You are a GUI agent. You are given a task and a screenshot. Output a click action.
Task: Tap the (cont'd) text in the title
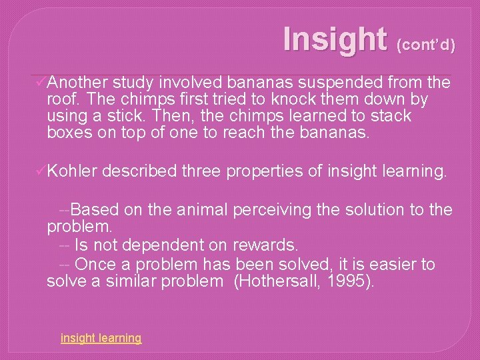click(x=426, y=45)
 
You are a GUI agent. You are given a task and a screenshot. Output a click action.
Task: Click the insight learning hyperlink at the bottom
click(x=101, y=338)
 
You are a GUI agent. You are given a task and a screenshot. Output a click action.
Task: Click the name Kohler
click(x=73, y=171)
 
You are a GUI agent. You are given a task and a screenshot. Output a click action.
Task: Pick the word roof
click(x=62, y=99)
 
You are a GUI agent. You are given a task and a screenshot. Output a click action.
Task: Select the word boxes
click(x=68, y=133)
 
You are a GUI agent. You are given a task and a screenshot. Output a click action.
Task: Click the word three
click(x=201, y=171)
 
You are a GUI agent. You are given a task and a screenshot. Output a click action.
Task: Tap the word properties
click(x=266, y=171)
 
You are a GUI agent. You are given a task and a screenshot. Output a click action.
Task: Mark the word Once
click(x=95, y=265)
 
